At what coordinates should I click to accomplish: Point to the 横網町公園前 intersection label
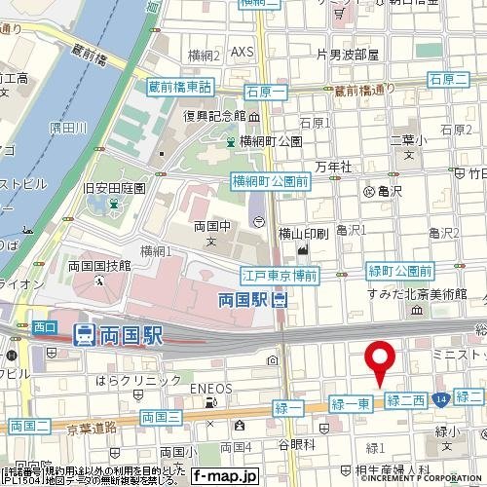click(270, 180)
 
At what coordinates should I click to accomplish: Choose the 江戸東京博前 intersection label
click(280, 278)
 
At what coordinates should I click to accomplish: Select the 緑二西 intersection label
click(406, 399)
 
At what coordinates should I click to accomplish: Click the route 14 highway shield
click(442, 398)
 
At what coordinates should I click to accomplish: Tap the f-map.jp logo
click(225, 476)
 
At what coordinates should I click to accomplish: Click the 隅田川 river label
click(68, 128)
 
